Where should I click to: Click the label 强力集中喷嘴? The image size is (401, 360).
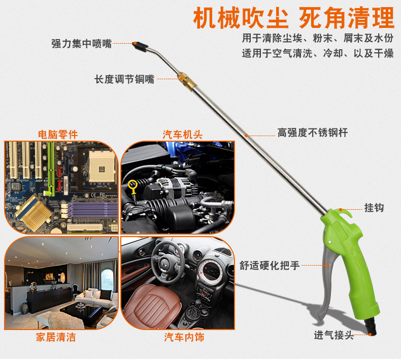81,44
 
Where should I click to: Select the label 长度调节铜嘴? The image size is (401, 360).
124,79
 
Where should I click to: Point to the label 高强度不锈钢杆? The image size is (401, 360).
312,133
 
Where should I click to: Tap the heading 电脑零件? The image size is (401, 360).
58,135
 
